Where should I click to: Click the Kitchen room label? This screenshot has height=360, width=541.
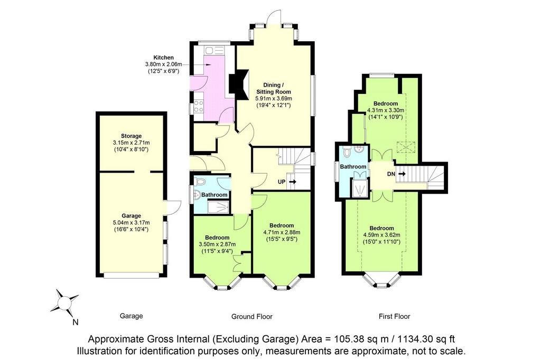click(164, 58)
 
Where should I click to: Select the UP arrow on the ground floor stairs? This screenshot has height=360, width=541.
click(292, 182)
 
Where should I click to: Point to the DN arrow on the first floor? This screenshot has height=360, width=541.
click(402, 174)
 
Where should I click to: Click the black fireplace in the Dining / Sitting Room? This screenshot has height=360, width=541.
click(238, 84)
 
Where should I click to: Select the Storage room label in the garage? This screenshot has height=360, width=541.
click(131, 136)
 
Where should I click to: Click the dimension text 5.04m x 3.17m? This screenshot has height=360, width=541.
click(131, 222)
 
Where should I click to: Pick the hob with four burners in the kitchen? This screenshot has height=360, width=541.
click(199, 106)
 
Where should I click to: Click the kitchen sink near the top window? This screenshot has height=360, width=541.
click(210, 51)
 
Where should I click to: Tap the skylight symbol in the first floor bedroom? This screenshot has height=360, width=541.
click(406, 148)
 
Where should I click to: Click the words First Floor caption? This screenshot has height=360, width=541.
click(394, 316)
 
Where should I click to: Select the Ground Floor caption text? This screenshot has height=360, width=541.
click(252, 317)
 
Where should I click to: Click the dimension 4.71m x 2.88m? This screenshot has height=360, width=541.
click(282, 232)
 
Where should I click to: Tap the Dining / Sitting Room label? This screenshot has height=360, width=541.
click(273, 89)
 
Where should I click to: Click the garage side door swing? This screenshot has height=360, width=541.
click(173, 207)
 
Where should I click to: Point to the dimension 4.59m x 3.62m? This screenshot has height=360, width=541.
click(381, 235)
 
